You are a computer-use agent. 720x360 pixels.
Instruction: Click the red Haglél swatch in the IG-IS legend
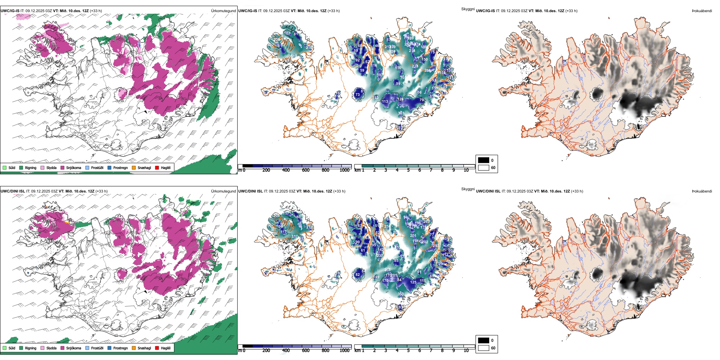[157, 167]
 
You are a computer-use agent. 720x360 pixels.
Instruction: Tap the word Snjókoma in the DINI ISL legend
[74, 348]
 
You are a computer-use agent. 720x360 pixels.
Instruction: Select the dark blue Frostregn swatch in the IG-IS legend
[110, 167]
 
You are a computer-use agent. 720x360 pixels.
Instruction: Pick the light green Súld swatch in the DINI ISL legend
[5, 348]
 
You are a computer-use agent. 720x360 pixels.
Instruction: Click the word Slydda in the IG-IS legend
[51, 167]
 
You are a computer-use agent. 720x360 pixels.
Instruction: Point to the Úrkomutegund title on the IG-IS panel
[223, 11]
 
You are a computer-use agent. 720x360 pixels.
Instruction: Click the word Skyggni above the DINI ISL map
[468, 189]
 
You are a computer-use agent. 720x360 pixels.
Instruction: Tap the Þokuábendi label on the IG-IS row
[702, 11]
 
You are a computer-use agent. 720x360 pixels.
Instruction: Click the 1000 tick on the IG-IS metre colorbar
[344, 170]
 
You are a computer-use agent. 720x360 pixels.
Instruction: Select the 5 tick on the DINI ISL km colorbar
[408, 351]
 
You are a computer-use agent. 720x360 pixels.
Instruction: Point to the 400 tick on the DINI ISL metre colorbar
[286, 351]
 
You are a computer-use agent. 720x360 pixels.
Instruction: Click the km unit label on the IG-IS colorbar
[357, 170]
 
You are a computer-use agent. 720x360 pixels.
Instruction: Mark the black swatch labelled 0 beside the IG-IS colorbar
[484, 160]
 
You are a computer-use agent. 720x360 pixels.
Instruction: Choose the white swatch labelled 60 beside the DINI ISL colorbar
[484, 348]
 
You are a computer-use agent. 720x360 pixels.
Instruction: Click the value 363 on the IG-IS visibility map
[401, 113]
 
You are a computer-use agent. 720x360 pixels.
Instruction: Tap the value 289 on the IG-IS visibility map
[410, 38]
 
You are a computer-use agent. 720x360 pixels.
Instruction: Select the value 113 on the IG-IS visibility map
[385, 102]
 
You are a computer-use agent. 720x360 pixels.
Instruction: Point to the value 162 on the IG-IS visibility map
[287, 33]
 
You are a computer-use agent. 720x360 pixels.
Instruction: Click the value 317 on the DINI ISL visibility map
[294, 236]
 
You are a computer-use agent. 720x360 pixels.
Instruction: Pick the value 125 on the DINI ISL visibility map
[413, 282]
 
